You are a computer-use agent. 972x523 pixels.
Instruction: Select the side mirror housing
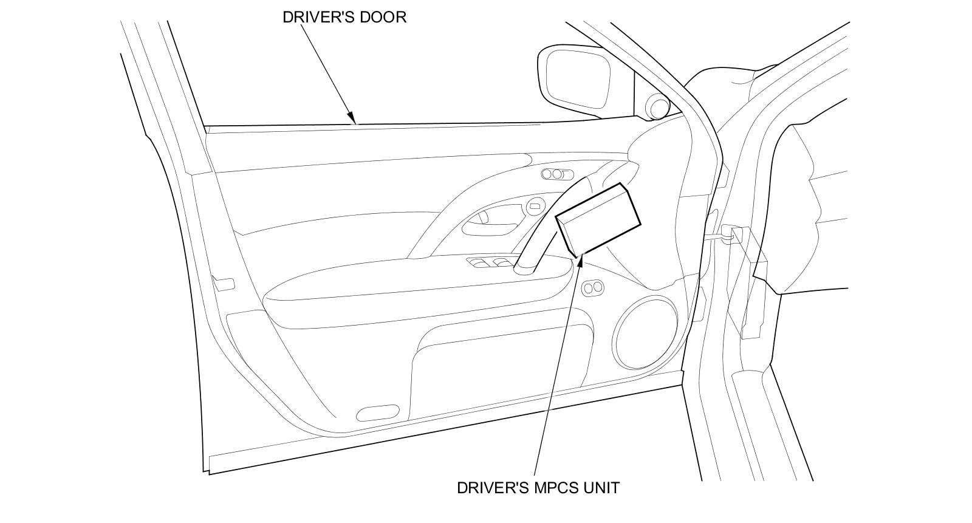pyautogui.click(x=574, y=76)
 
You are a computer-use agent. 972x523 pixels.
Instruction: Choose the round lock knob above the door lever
pyautogui.click(x=535, y=206)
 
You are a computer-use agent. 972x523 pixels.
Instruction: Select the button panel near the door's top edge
pyautogui.click(x=554, y=174)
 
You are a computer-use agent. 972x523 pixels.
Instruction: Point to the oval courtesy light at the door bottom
pyautogui.click(x=377, y=413)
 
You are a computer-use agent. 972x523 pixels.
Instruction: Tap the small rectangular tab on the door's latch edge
pyautogui.click(x=223, y=283)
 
